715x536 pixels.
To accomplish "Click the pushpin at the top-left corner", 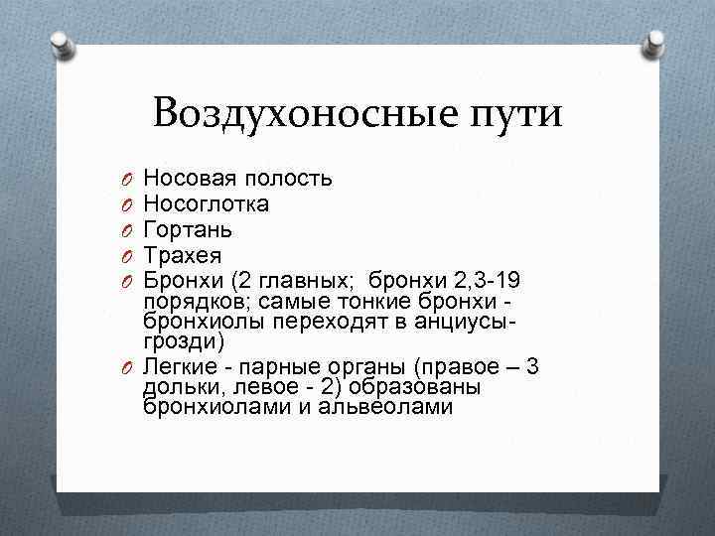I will [60, 43].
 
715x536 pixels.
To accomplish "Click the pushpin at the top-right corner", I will [655, 43].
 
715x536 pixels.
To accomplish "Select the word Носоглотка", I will [206, 204].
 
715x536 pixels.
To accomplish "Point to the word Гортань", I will [189, 229].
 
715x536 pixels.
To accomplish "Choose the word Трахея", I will [183, 255].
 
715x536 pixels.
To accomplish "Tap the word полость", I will [288, 179].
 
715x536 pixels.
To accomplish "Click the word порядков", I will [189, 301].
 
